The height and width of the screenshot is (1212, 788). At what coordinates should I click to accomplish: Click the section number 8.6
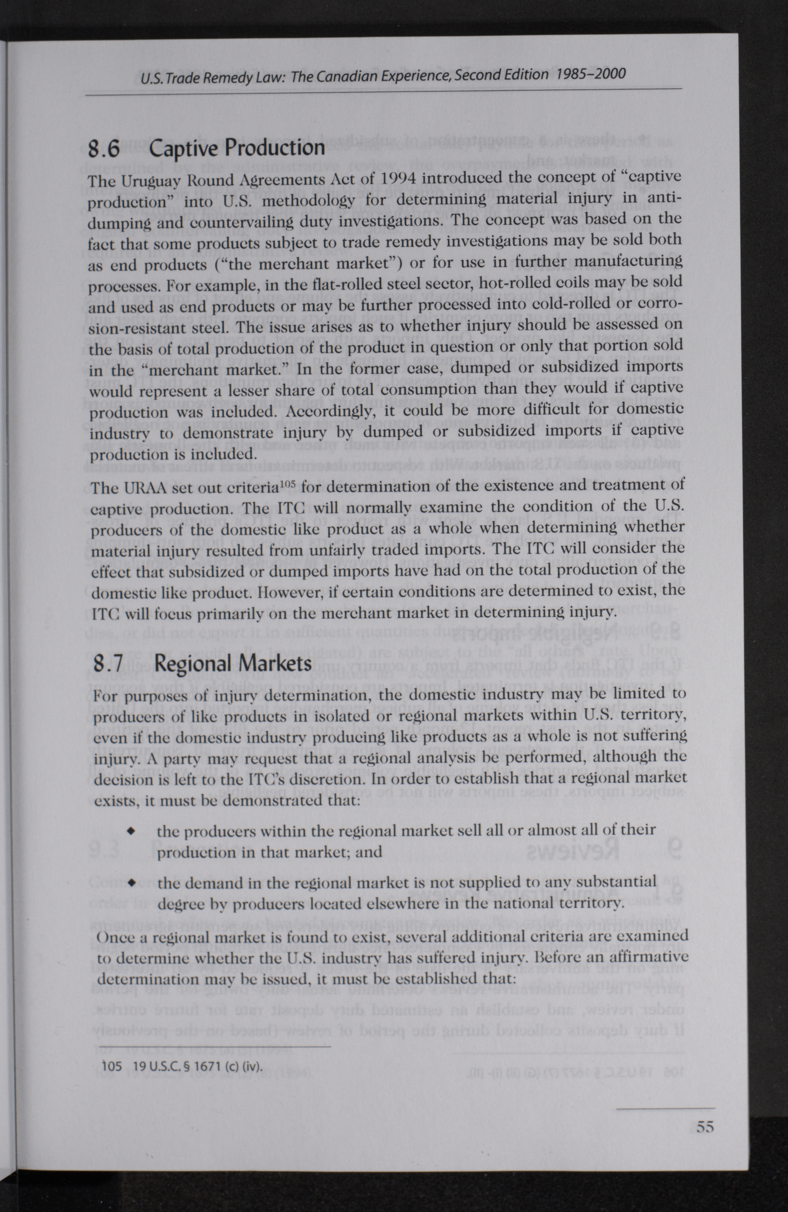[x=104, y=149]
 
